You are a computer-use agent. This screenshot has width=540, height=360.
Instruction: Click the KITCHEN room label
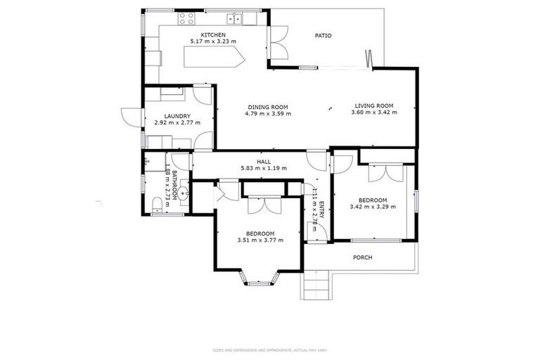[212, 35]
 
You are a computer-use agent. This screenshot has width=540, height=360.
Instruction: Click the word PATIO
[323, 35]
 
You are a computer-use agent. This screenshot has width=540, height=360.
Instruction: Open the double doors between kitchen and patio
[278, 41]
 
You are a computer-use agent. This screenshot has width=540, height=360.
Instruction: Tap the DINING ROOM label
[267, 106]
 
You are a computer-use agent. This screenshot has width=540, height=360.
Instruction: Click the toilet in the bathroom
[157, 205]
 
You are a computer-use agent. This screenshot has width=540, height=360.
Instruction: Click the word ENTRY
[321, 212]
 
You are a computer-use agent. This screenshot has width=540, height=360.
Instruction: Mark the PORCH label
[363, 257]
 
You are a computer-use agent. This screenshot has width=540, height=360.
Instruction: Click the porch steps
[318, 285]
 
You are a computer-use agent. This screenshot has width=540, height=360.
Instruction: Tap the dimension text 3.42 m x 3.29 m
[373, 207]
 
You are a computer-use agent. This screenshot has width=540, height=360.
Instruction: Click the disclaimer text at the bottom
[270, 349]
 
